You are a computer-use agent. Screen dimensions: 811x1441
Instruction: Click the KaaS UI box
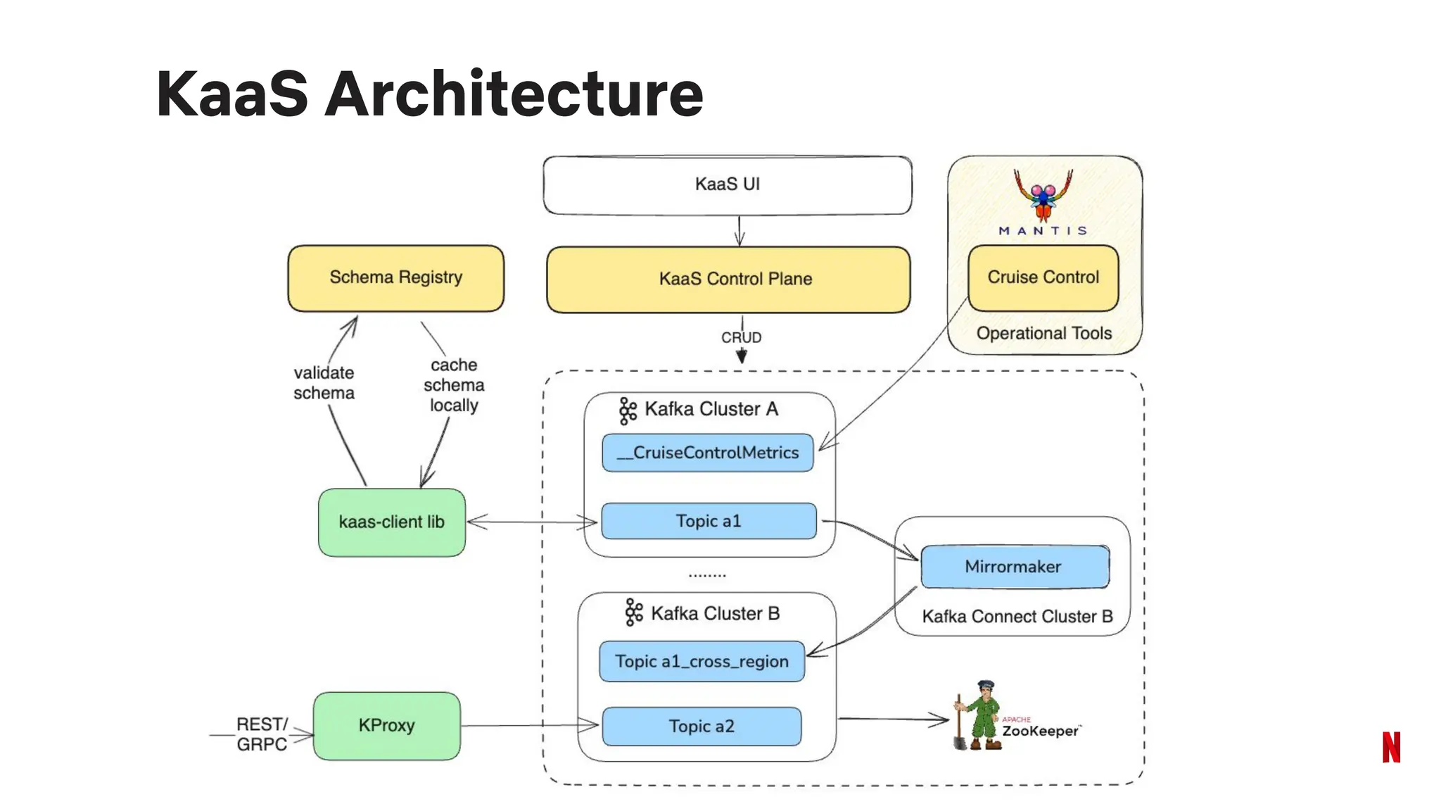click(x=728, y=185)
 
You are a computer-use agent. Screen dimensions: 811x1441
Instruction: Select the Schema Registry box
click(x=395, y=278)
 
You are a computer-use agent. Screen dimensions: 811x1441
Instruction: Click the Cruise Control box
click(x=1043, y=278)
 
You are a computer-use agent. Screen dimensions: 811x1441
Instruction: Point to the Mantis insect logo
click(x=1043, y=196)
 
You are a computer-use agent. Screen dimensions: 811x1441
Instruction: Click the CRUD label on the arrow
click(x=741, y=338)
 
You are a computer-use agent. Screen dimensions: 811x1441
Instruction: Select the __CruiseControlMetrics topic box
click(x=708, y=453)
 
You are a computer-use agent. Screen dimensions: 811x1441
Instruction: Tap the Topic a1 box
click(x=709, y=522)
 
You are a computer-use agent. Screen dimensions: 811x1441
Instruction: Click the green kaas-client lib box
click(x=391, y=522)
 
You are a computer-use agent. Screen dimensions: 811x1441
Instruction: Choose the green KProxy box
click(x=386, y=726)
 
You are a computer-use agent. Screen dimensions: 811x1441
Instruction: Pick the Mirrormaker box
click(x=1014, y=567)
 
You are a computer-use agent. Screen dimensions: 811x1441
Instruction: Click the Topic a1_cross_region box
click(x=702, y=662)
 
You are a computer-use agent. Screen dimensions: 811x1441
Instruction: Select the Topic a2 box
click(x=702, y=727)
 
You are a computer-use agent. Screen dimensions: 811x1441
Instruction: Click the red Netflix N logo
click(x=1391, y=747)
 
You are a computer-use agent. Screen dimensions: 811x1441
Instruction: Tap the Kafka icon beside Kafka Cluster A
click(x=628, y=410)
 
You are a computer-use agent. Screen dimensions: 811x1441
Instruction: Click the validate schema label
click(x=324, y=383)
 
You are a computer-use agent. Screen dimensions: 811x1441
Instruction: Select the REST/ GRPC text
click(x=262, y=734)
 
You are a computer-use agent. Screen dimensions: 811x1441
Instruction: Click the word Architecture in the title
click(x=514, y=94)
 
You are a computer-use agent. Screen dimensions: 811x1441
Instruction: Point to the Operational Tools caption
click(x=1043, y=334)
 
